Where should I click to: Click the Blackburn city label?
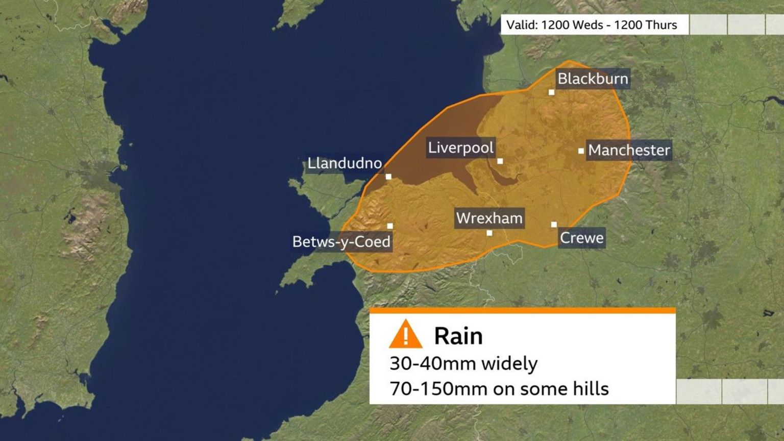point(593,79)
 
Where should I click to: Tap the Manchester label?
point(629,150)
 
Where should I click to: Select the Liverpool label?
point(460,148)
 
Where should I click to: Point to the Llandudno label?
point(345,163)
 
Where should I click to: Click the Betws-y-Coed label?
point(341,241)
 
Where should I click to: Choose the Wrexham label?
point(489,218)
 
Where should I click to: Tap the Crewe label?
point(581,238)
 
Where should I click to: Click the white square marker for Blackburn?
point(551,92)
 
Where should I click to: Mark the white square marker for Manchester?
point(581,151)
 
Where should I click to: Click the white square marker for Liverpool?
point(500,161)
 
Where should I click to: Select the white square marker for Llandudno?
point(388,177)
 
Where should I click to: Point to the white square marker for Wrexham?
point(489,233)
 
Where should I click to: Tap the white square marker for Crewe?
point(554,225)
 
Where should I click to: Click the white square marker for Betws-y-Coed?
point(390,226)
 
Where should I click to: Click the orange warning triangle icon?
point(405,334)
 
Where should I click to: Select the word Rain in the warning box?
point(458,336)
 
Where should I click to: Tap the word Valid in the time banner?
point(521,25)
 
